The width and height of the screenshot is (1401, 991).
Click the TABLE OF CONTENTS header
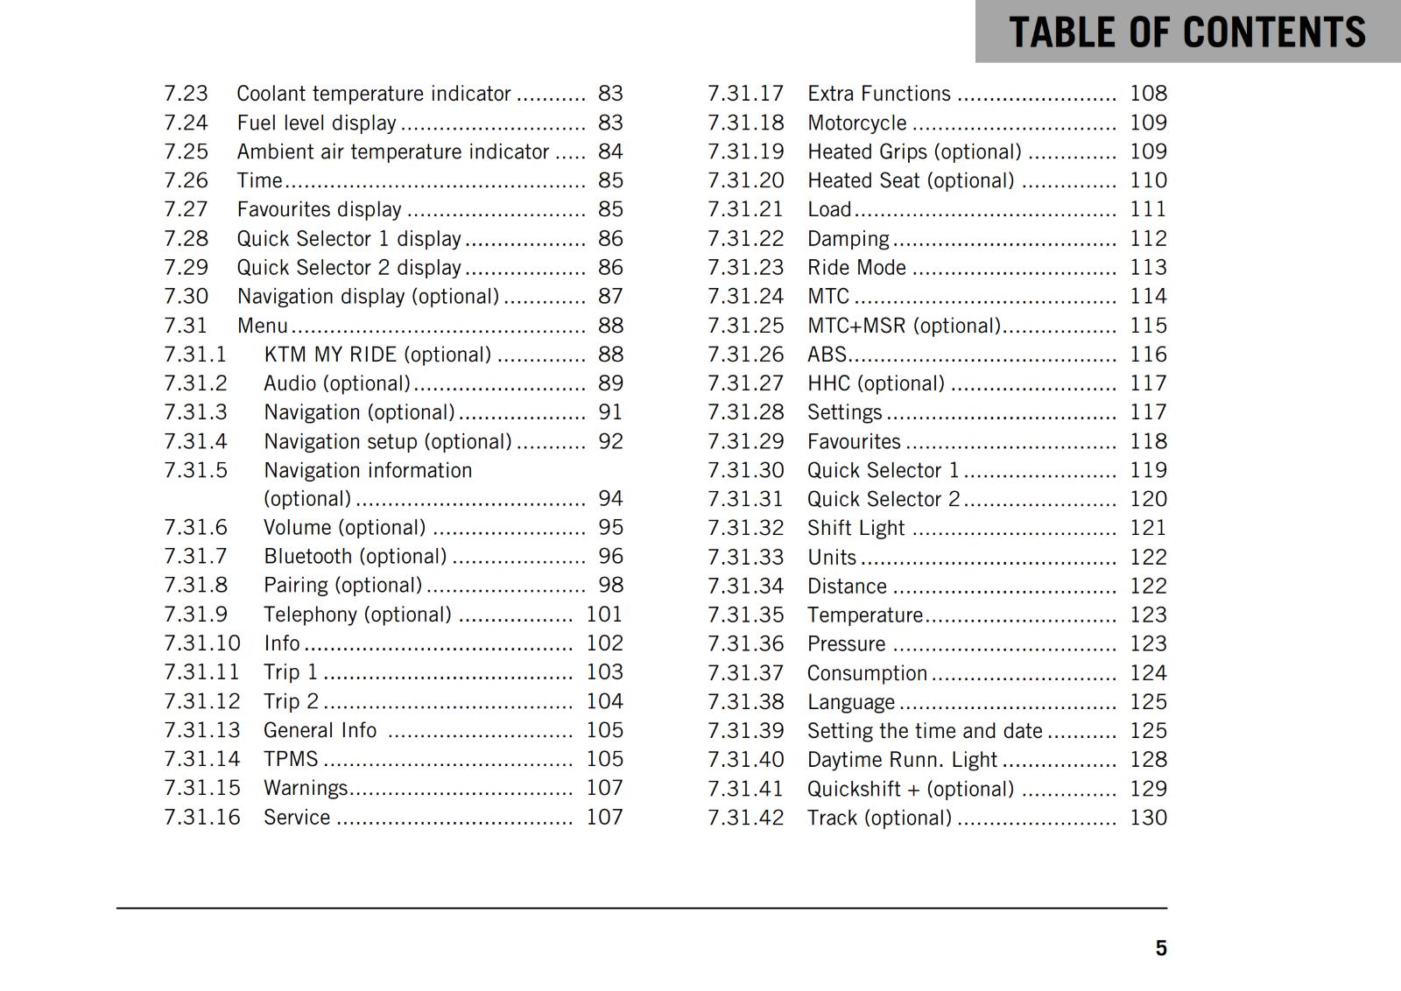point(1186,32)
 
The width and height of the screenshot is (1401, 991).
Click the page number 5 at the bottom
point(1160,948)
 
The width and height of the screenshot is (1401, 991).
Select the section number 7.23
point(186,94)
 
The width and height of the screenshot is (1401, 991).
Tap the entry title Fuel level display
point(316,123)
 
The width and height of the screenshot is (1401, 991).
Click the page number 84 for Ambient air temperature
point(610,151)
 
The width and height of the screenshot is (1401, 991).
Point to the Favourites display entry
point(319,209)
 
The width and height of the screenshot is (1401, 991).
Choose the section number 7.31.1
point(195,355)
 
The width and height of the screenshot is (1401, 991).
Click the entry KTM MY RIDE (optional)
point(377,355)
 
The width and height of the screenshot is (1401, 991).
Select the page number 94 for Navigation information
point(610,499)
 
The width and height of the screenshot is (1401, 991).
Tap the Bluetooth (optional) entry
point(355,557)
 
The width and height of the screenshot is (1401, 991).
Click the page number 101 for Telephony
point(604,615)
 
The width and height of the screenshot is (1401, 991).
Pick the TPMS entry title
point(291,759)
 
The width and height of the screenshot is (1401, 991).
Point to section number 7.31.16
point(201,817)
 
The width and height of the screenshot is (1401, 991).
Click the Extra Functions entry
point(878,94)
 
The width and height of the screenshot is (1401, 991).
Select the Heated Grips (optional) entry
point(914,151)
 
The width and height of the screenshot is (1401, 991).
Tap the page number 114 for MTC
point(1148,297)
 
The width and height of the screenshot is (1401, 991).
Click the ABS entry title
point(827,355)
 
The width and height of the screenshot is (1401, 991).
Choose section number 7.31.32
point(745,528)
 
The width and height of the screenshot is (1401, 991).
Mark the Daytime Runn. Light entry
point(902,760)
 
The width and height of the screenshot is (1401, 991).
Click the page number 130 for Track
point(1148,818)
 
